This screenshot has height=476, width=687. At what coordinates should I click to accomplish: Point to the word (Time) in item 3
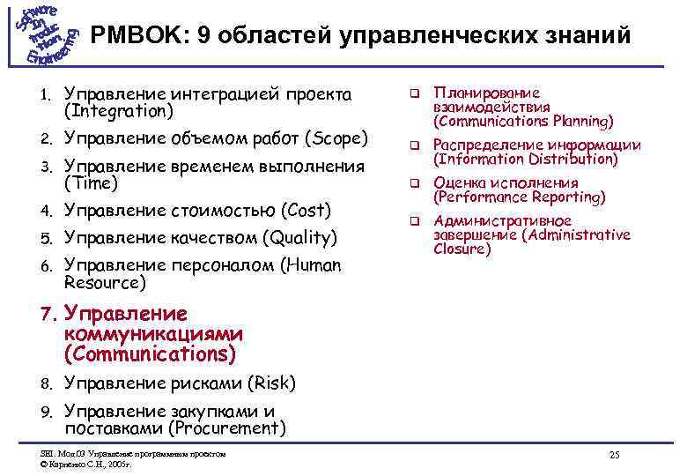click(89, 184)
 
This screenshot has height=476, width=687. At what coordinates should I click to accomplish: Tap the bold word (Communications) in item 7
click(150, 354)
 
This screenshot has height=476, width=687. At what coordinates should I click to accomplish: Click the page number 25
click(614, 455)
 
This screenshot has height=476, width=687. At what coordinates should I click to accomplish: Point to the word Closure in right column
click(462, 249)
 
